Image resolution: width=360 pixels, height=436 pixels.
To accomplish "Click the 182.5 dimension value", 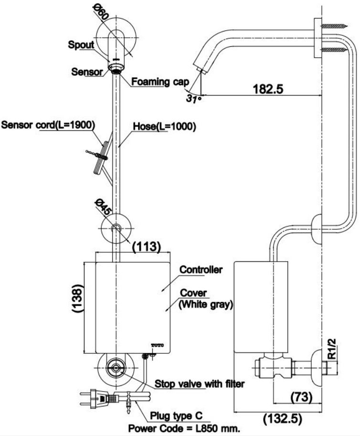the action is click(268, 89).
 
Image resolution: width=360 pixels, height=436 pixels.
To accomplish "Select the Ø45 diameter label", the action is click(102, 207).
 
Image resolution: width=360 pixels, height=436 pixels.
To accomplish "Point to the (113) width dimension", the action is click(147, 246).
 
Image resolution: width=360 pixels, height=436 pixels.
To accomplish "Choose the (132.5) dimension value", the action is click(283, 418).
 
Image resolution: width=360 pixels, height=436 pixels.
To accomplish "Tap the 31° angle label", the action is click(193, 98).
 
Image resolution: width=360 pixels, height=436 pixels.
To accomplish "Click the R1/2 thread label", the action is click(331, 349).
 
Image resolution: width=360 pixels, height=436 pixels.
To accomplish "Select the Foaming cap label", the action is click(160, 82).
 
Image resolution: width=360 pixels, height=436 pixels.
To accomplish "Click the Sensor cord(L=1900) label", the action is click(48, 125).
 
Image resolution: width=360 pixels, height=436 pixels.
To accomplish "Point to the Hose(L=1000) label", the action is click(165, 127).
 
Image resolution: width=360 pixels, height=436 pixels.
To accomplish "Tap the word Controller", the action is click(201, 269).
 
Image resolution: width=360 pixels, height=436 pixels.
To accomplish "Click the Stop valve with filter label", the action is click(200, 384).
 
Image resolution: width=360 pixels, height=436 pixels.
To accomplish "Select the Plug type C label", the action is click(176, 416).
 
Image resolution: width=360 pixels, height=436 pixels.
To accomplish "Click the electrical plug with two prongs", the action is click(97, 399).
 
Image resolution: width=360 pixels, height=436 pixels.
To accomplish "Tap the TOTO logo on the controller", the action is click(158, 345).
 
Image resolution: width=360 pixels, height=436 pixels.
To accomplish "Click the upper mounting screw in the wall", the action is click(334, 26).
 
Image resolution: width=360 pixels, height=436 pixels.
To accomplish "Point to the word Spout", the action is click(81, 45).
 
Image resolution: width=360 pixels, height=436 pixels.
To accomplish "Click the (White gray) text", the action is click(205, 305).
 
